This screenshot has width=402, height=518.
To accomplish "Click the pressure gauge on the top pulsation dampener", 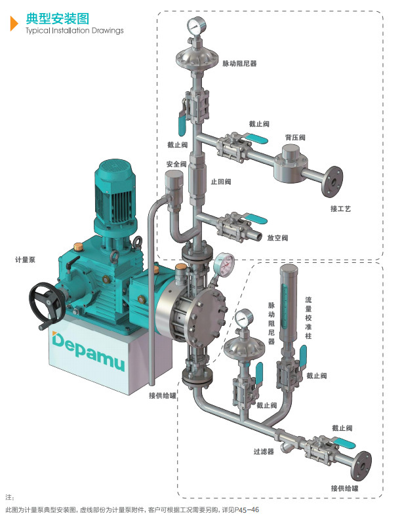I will click(195, 26).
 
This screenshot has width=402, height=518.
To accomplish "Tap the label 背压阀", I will click(294, 138).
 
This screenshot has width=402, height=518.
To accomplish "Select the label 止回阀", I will click(220, 181).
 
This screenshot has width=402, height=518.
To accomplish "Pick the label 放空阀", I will click(277, 237).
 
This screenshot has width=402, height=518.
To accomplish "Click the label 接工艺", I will click(340, 209).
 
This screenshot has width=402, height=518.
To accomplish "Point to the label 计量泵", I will click(25, 260).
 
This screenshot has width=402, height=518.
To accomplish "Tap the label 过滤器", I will click(263, 452).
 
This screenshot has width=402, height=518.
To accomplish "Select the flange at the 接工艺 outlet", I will click(331, 178).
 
